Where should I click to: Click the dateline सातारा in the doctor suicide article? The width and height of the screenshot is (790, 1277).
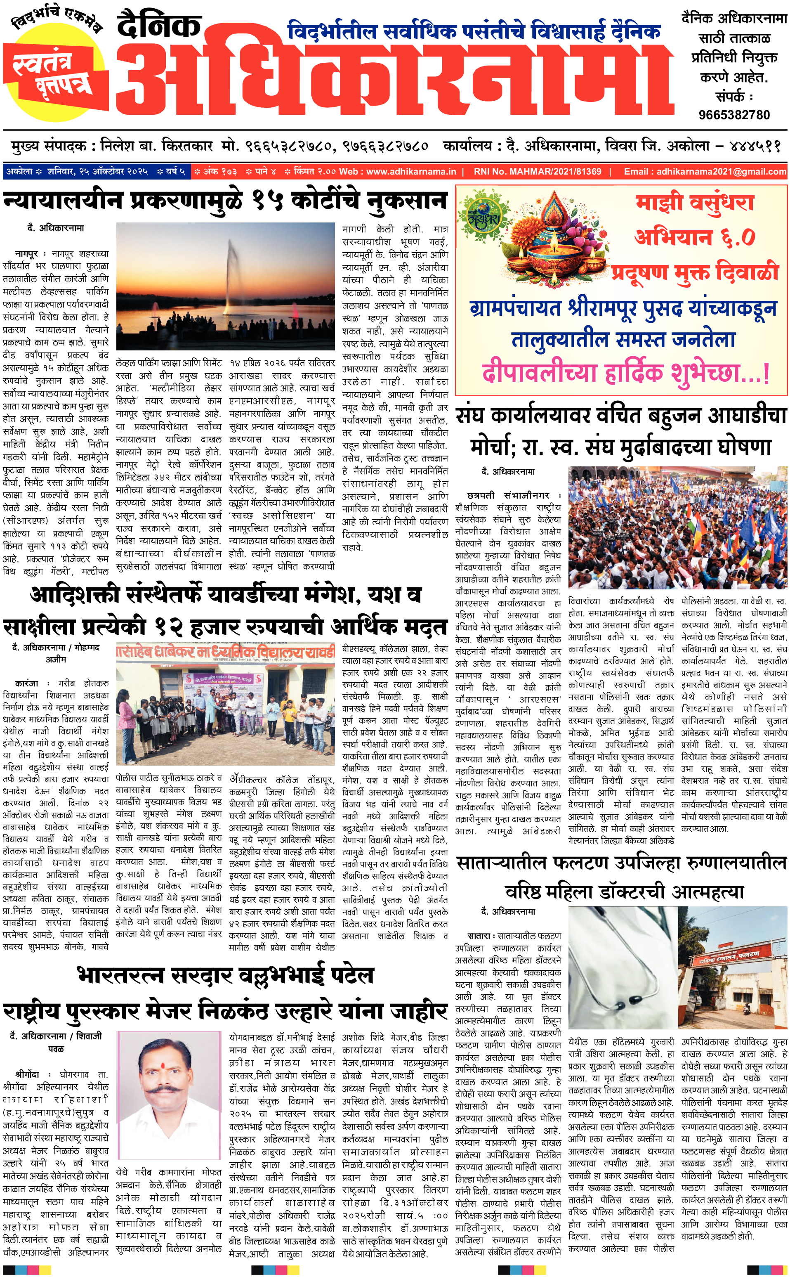[479, 936]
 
